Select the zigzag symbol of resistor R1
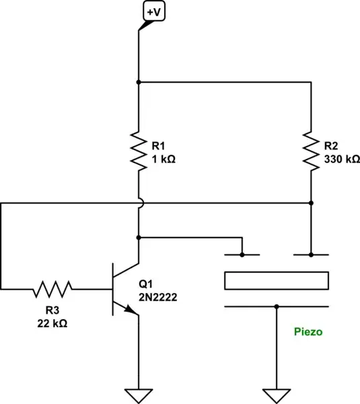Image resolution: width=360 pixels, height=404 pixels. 138,151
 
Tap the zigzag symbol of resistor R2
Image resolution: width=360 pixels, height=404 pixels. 312,151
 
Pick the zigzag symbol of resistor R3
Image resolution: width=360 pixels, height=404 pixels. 52,290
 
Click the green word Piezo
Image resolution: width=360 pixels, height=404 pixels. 308,333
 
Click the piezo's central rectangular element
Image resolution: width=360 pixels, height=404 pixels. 276,280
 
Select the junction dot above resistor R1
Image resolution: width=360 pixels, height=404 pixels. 138,82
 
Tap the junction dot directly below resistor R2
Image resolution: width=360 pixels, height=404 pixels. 312,202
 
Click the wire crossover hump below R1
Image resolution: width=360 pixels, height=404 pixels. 138,202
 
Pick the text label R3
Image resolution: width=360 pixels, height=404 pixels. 51,310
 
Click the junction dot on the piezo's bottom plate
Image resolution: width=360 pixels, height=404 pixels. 277,306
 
